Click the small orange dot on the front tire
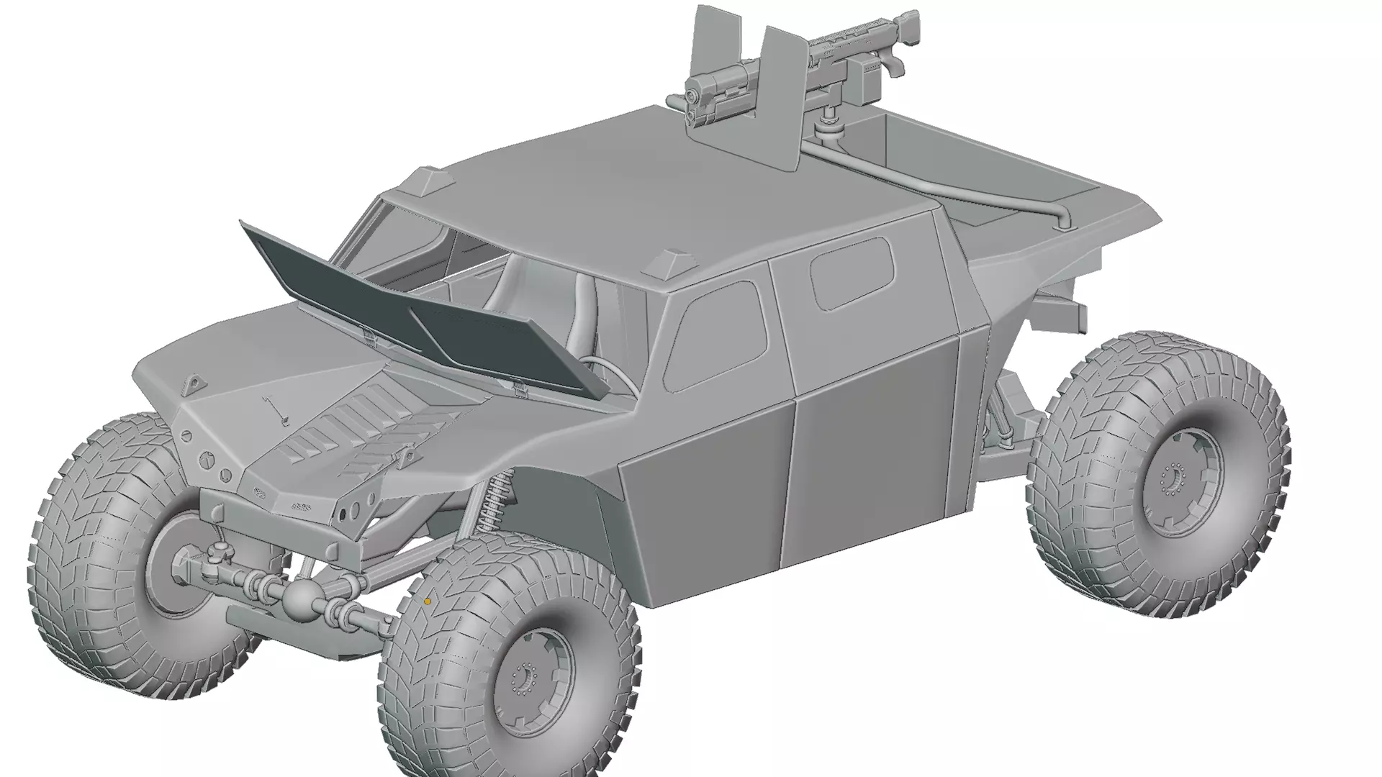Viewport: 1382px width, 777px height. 428,601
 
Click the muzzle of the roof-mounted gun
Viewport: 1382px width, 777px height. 693,98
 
